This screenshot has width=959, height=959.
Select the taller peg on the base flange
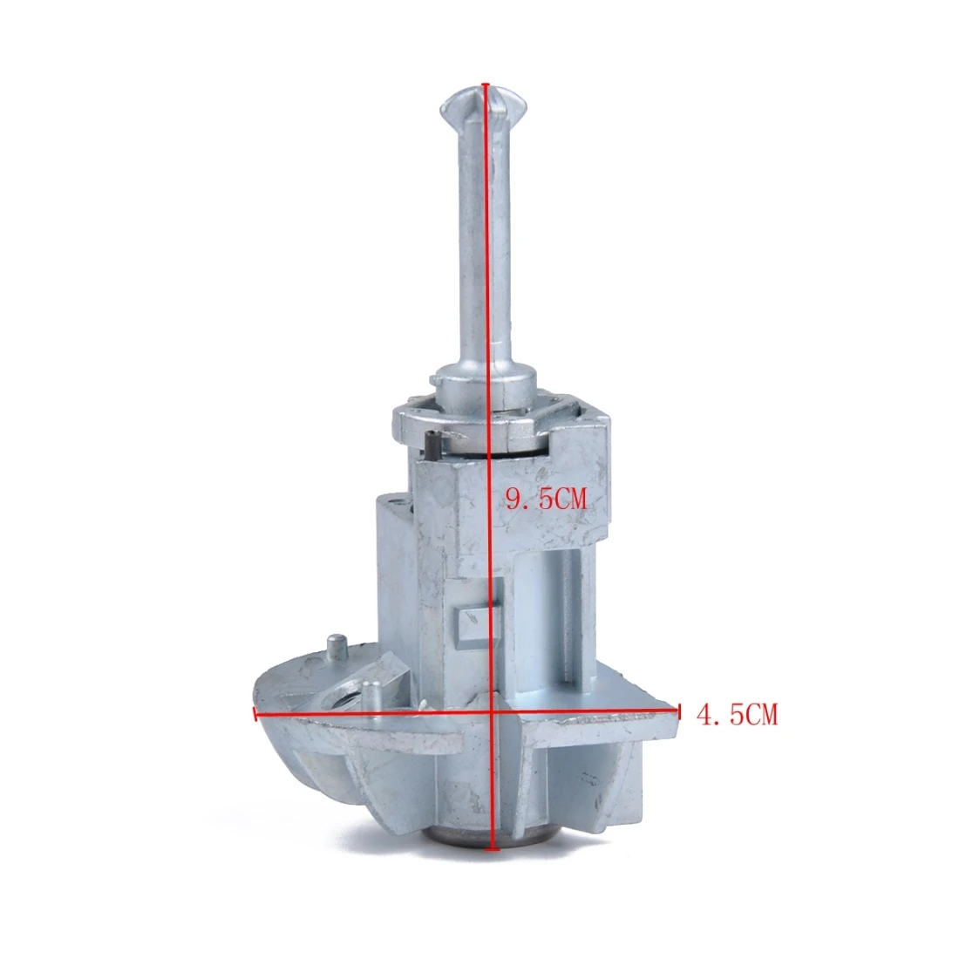click(337, 650)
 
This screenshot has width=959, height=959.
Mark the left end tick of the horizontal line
click(254, 713)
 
